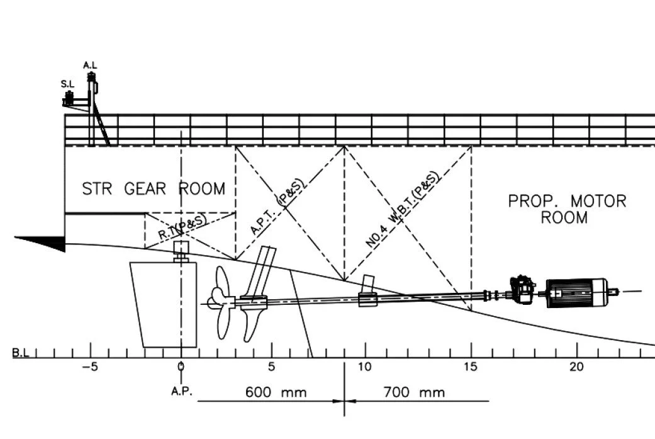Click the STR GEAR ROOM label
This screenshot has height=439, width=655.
pos(154,188)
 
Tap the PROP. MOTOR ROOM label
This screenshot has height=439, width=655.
pos(567,210)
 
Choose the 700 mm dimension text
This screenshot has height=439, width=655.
pos(413,393)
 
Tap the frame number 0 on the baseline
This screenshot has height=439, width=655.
pos(181,366)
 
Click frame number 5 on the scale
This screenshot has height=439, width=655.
pos(271,366)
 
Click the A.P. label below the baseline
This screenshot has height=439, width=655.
pos(182,391)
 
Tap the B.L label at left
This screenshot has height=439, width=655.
pos(21,353)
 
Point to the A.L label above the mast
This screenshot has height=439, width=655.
pos(90,65)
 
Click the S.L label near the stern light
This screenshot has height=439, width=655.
pos(67,83)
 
